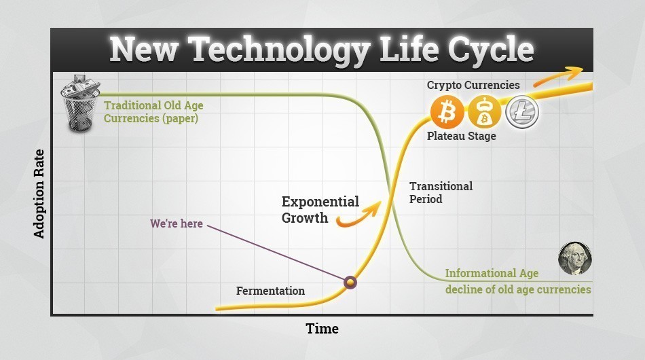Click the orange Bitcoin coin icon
coord(447,112)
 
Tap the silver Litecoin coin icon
coord(521,112)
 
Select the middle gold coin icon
coord(484,112)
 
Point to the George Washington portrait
coord(574,258)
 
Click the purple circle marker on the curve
coord(350,281)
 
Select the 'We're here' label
coord(177,223)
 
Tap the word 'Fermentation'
coord(270,291)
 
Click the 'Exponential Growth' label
coord(319,210)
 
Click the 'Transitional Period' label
coord(441,193)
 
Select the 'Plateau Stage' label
coord(461,136)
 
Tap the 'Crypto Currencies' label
coord(473,86)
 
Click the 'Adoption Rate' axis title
coord(39,193)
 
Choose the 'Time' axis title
coord(322,329)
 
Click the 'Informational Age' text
coord(492,273)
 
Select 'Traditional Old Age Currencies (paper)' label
coord(153,112)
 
